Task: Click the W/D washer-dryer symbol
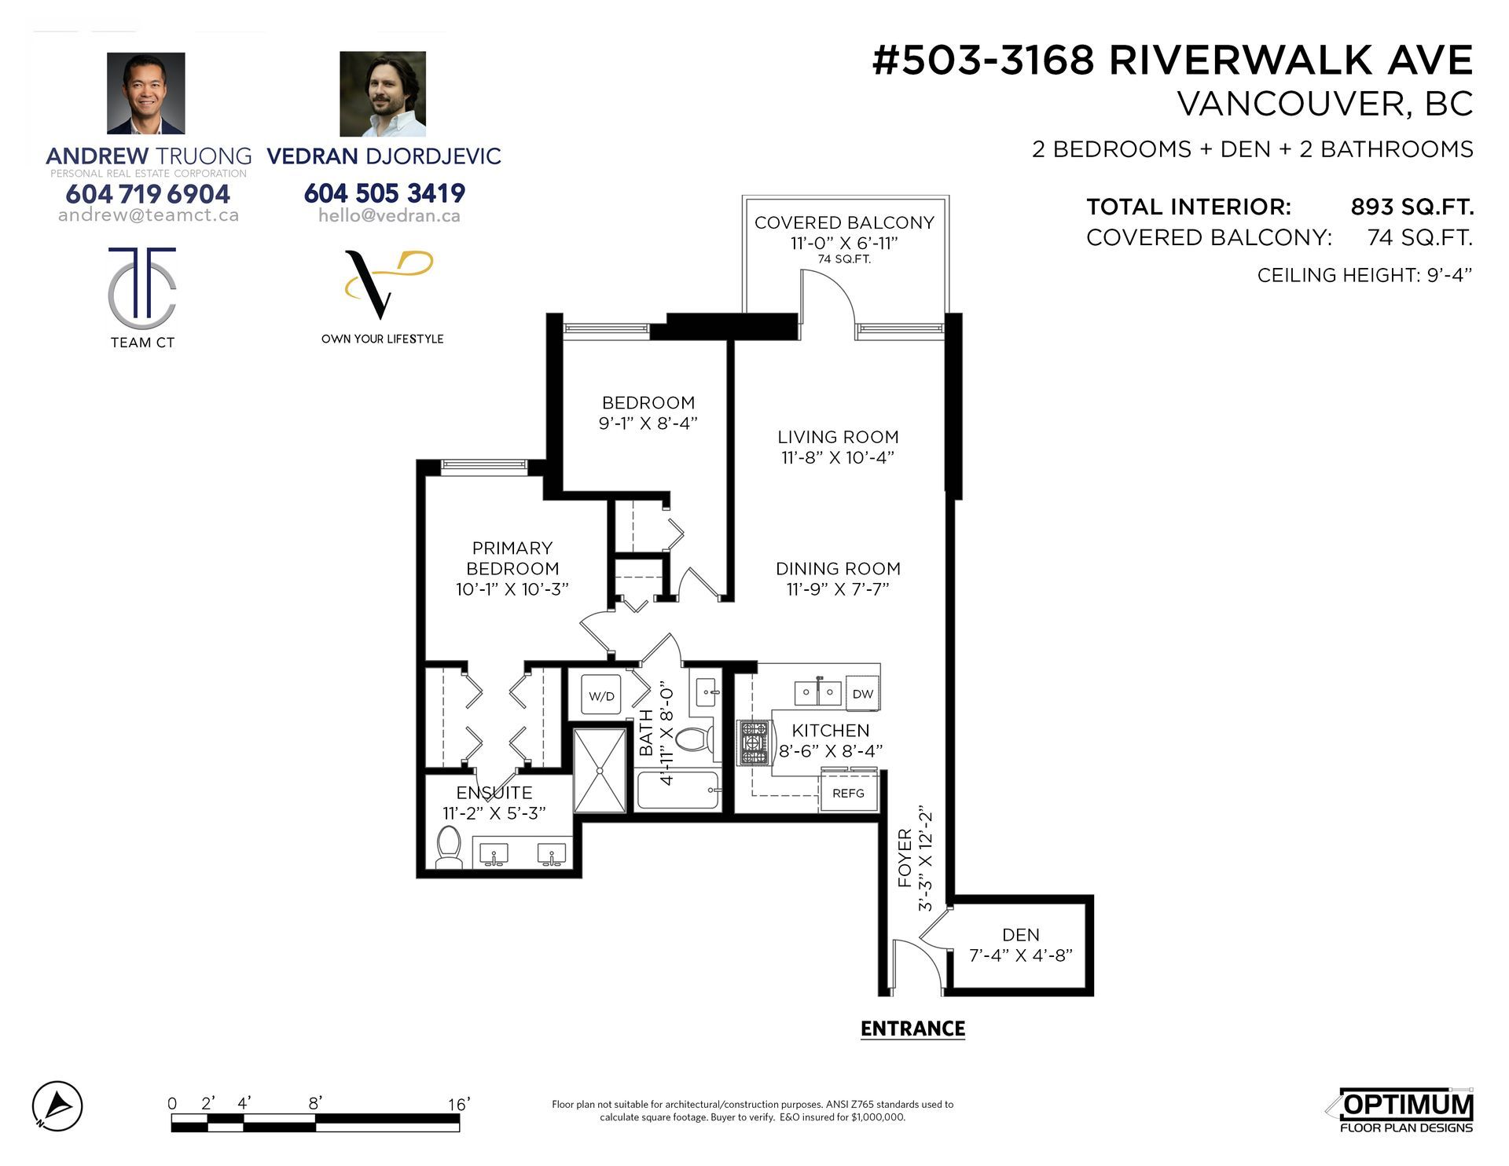click(601, 695)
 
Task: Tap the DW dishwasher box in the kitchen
click(862, 694)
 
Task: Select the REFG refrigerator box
click(849, 793)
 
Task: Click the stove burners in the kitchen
click(753, 743)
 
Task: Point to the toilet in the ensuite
click(449, 847)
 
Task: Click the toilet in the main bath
click(694, 739)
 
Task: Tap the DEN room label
click(1021, 935)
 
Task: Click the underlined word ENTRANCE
click(912, 1028)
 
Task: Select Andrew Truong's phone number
click(148, 193)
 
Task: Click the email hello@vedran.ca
click(389, 215)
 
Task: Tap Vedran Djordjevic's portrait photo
click(383, 94)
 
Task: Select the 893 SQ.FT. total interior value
click(1412, 207)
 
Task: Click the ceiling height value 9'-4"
click(1449, 275)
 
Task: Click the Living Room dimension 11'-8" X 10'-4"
click(838, 457)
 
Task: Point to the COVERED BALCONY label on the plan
click(844, 222)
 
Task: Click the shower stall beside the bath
click(600, 770)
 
